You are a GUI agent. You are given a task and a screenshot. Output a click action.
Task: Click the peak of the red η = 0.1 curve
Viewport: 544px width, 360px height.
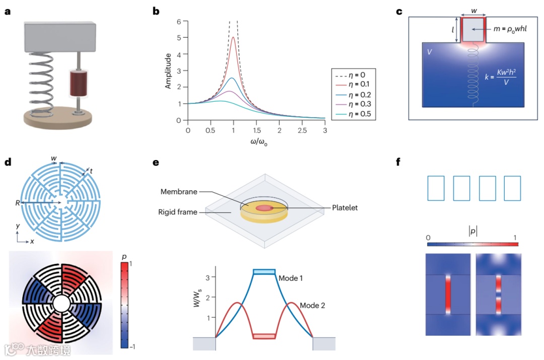pyautogui.click(x=233, y=37)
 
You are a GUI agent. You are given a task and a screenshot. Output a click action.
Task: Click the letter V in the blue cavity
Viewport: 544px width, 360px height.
pyautogui.click(x=429, y=52)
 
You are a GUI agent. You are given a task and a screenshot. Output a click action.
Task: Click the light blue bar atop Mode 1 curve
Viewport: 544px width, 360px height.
pyautogui.click(x=264, y=272)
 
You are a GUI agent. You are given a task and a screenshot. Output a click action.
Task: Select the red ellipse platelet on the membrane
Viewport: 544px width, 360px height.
pyautogui.click(x=264, y=208)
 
